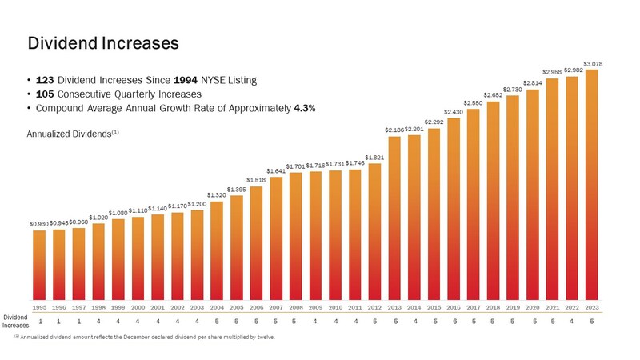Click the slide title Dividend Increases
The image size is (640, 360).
(x=102, y=42)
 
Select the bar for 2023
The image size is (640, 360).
(x=591, y=184)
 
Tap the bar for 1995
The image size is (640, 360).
(x=39, y=264)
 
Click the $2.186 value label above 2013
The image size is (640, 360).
(x=394, y=130)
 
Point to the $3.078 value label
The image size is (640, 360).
(x=593, y=63)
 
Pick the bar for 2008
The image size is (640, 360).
(x=296, y=236)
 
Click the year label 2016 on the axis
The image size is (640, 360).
(x=454, y=306)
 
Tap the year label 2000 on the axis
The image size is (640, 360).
(x=138, y=306)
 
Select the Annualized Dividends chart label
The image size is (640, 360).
(x=73, y=134)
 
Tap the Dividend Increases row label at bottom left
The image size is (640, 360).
(x=14, y=322)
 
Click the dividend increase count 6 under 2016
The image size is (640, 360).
(x=454, y=322)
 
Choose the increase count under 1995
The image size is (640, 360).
(x=39, y=322)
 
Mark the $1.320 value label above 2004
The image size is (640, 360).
(x=217, y=194)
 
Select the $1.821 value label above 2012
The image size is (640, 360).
(x=374, y=158)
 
